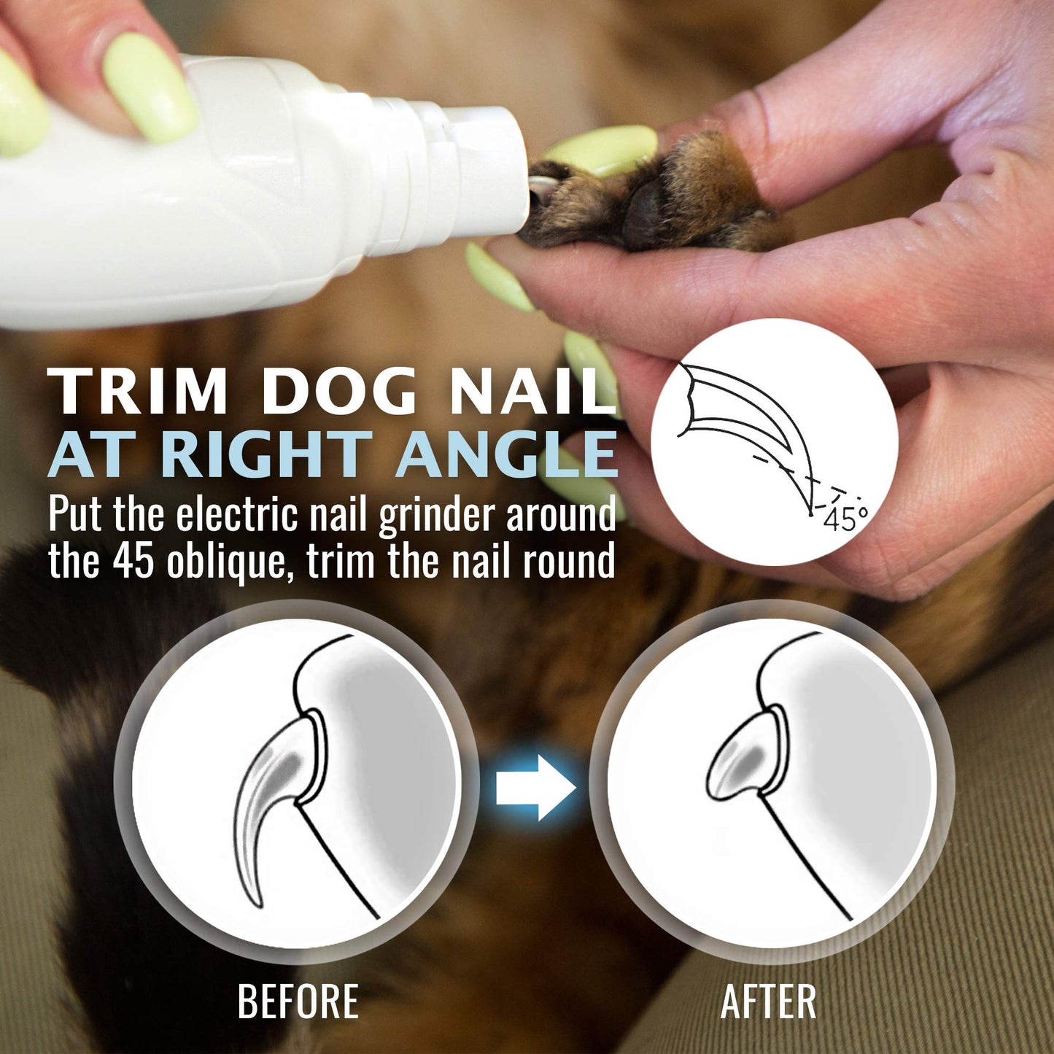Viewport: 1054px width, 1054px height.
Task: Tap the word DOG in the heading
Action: (x=339, y=392)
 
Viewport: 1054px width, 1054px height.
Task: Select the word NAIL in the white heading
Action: (x=532, y=392)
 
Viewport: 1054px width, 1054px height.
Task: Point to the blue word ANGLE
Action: (x=506, y=455)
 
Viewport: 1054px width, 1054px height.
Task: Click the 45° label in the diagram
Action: (x=845, y=519)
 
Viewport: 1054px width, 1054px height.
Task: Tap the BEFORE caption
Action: (x=298, y=1001)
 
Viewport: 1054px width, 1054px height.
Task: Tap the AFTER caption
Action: (x=768, y=1001)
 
